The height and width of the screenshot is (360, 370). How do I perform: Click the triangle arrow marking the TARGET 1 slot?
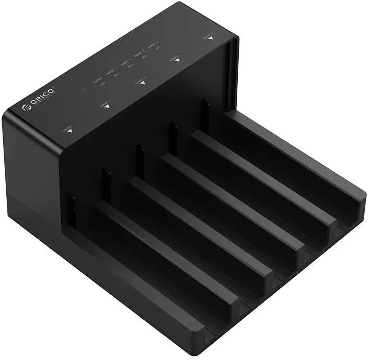107,106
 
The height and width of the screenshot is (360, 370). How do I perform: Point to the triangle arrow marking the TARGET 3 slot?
177,60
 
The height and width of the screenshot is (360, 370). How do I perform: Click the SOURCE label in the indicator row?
98,80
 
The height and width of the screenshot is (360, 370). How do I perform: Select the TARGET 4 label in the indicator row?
153,48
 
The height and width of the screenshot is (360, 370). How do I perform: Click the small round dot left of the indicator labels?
83,89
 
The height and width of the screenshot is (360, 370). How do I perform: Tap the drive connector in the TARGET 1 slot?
106,184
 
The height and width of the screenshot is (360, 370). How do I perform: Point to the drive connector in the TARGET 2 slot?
139,159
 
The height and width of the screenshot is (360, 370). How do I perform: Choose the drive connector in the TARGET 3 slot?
172,137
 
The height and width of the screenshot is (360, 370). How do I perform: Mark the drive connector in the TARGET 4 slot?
205,114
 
